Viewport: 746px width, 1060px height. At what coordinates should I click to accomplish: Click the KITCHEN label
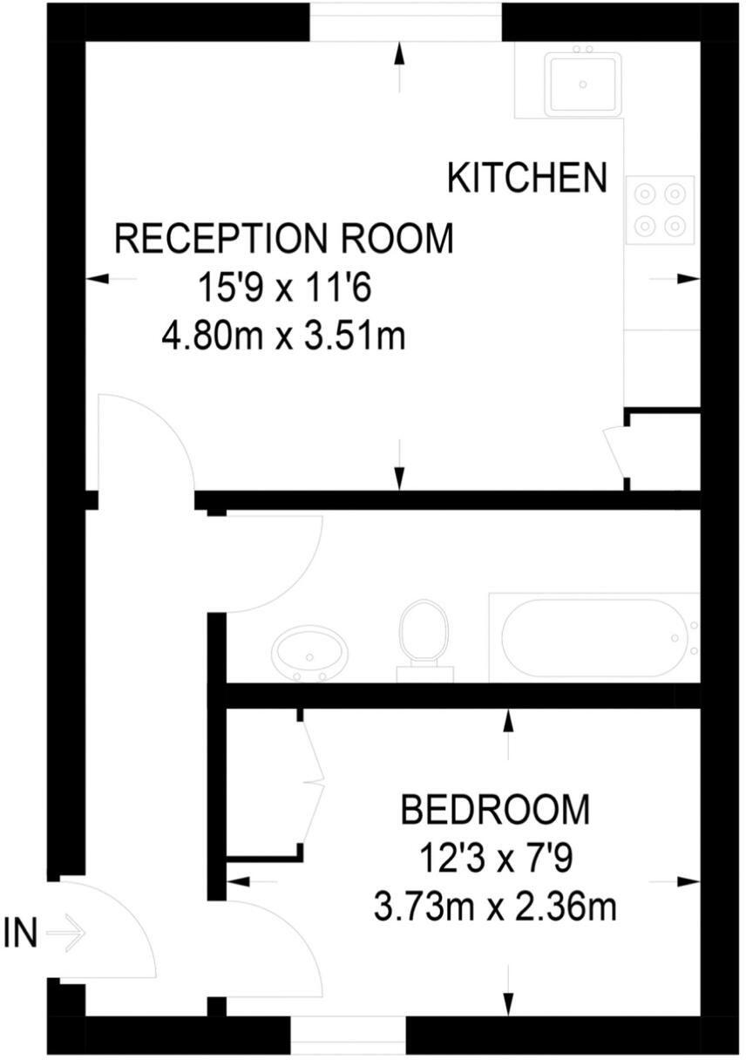(x=526, y=178)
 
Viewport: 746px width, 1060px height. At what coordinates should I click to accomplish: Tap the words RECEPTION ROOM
(x=285, y=239)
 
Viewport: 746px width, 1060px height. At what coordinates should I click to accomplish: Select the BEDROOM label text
(x=494, y=810)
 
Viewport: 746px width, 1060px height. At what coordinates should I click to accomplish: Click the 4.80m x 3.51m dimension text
(x=284, y=336)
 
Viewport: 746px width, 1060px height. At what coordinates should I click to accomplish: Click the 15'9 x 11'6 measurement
(x=284, y=288)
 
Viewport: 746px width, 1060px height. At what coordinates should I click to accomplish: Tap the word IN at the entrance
(x=21, y=934)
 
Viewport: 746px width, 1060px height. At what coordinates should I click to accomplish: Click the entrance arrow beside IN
(x=66, y=934)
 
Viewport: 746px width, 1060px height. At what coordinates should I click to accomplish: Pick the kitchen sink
(x=582, y=84)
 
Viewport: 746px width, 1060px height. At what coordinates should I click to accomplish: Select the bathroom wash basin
(x=309, y=654)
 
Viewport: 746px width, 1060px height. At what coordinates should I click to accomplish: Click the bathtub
(x=593, y=638)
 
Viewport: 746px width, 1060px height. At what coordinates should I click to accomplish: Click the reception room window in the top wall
(x=406, y=19)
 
